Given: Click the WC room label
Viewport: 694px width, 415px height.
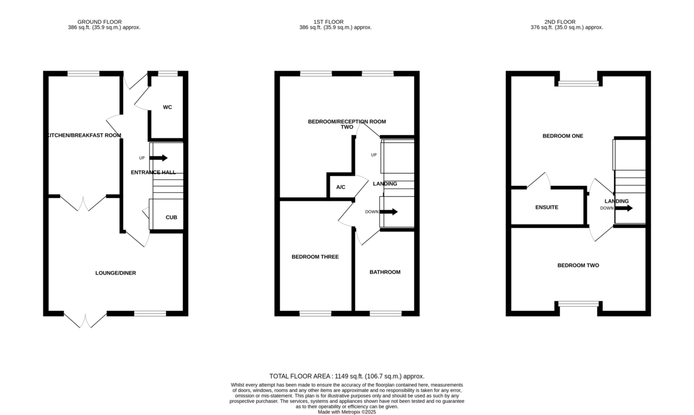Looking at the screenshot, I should (167, 107).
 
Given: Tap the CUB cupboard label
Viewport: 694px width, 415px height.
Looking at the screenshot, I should (171, 218).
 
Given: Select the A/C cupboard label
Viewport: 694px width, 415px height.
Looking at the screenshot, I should (341, 188).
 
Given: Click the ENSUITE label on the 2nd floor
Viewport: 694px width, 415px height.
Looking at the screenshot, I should (547, 207).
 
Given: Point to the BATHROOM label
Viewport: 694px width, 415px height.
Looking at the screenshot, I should (385, 272).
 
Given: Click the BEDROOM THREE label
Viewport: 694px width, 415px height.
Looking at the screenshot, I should (315, 256).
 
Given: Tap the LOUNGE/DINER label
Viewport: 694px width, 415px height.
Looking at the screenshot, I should (116, 273).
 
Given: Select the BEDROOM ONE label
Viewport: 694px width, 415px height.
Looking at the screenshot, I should (562, 136).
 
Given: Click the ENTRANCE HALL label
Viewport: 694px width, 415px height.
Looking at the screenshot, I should (153, 172).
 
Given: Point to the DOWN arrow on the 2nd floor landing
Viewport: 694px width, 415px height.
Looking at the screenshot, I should (625, 208).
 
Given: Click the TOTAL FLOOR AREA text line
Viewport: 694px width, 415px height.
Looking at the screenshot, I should (347, 376).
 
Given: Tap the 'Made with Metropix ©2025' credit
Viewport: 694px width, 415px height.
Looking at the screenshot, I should (347, 412).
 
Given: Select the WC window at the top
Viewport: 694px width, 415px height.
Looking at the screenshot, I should (168, 74).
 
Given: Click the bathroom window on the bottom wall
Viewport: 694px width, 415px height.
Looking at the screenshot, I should (385, 313).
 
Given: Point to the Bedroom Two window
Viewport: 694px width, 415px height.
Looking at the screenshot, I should (578, 304).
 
